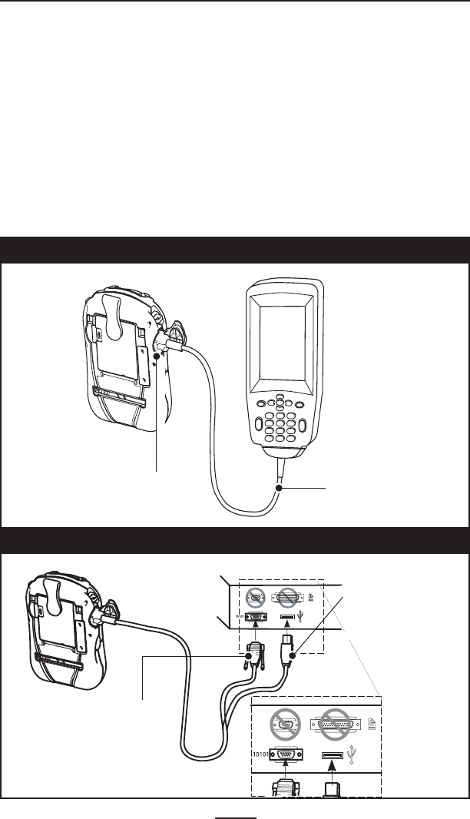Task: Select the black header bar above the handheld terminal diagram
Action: coord(235,250)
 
